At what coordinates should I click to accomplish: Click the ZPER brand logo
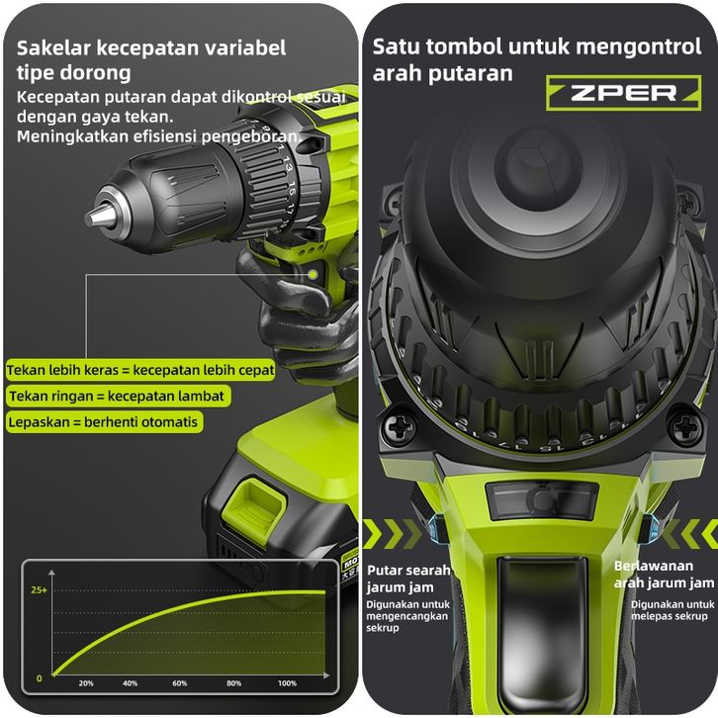click(623, 93)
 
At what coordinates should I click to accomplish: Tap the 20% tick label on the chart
click(86, 683)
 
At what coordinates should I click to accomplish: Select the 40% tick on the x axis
click(130, 683)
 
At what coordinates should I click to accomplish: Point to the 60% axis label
click(180, 683)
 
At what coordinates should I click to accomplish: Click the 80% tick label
click(233, 683)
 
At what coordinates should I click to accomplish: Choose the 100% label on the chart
click(287, 683)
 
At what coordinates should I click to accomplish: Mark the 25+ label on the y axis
click(39, 590)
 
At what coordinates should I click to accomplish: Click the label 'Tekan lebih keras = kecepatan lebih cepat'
click(140, 370)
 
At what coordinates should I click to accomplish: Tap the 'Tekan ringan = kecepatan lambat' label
click(118, 397)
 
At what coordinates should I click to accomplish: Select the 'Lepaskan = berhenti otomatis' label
click(104, 422)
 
